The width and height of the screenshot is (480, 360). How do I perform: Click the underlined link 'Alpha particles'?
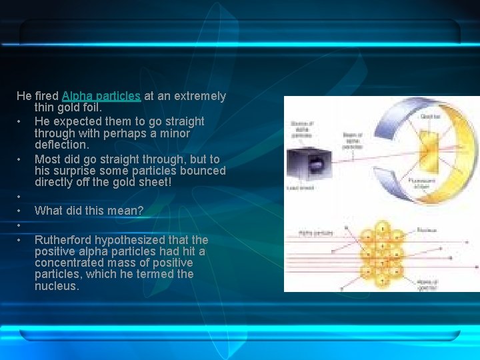pos(101,96)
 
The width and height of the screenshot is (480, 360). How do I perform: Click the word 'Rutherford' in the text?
pos(65,239)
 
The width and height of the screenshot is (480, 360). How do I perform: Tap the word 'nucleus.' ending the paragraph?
pos(57,286)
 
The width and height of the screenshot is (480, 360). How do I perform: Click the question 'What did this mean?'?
pos(89,211)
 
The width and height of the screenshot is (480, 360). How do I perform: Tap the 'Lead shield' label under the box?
pos(299,187)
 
